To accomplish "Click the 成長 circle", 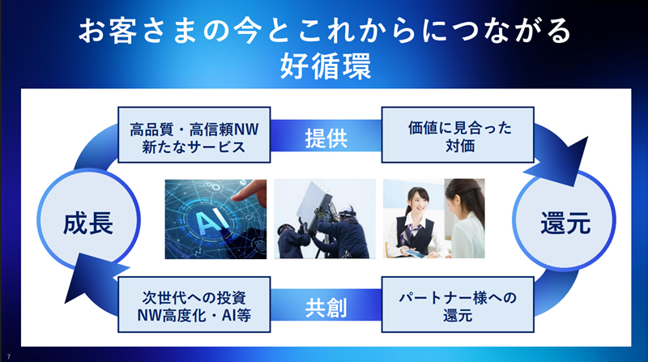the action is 88,219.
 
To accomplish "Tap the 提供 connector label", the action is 326,138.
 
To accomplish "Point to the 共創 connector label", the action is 326,308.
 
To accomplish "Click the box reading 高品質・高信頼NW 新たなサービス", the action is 194,134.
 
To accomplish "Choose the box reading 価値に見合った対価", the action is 458,134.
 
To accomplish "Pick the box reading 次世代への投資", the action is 194,305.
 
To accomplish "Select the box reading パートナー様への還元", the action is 458,305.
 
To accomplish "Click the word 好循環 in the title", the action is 326,66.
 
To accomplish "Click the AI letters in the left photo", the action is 213,220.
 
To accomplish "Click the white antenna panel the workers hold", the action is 316,202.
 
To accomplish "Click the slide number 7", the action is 9,356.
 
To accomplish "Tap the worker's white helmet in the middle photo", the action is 347,210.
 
